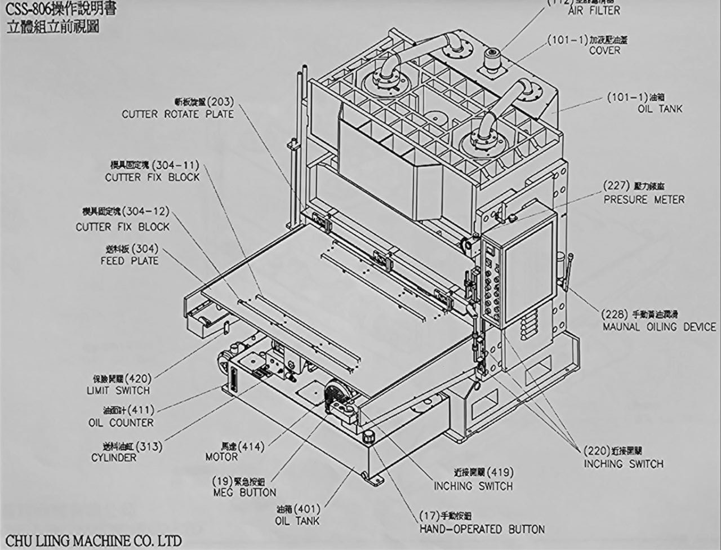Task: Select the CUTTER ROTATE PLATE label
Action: (x=177, y=114)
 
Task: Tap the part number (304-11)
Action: (x=176, y=166)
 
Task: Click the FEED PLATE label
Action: (x=130, y=261)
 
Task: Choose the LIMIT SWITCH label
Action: (x=118, y=391)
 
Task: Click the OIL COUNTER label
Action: (x=121, y=423)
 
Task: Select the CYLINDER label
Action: (x=114, y=458)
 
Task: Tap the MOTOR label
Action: (x=221, y=457)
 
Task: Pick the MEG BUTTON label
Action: (x=244, y=493)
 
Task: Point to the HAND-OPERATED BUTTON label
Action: (x=482, y=530)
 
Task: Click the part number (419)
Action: (x=499, y=472)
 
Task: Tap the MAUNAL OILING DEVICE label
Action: (x=659, y=327)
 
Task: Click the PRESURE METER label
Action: (x=644, y=199)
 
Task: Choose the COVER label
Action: (x=604, y=50)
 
